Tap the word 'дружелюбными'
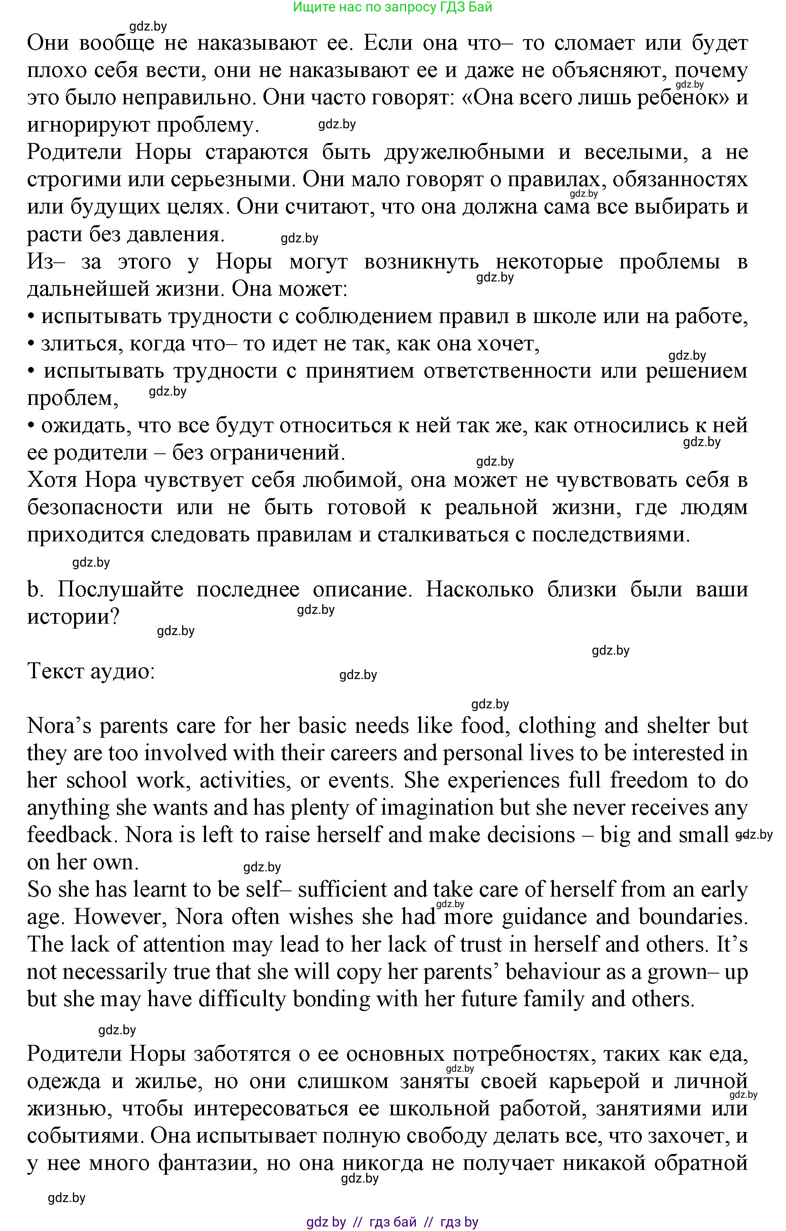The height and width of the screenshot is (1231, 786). tap(463, 152)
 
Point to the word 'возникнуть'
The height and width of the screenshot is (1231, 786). tap(421, 262)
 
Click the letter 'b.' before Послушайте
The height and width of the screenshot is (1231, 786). tap(34, 590)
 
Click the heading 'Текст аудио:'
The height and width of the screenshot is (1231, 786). tap(91, 671)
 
